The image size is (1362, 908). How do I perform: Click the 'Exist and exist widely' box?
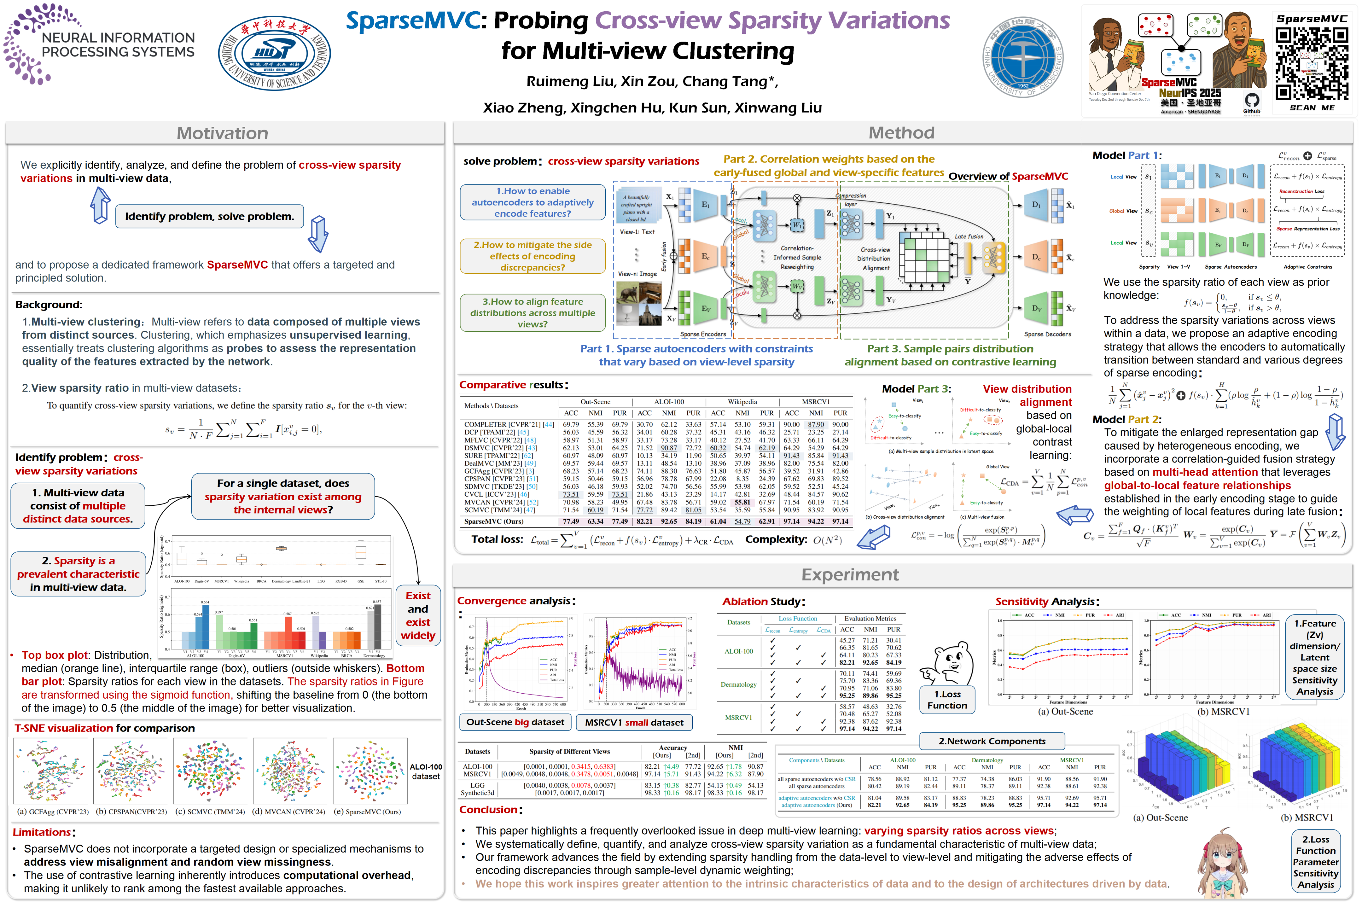(x=417, y=615)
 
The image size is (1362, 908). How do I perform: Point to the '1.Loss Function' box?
(x=947, y=700)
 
